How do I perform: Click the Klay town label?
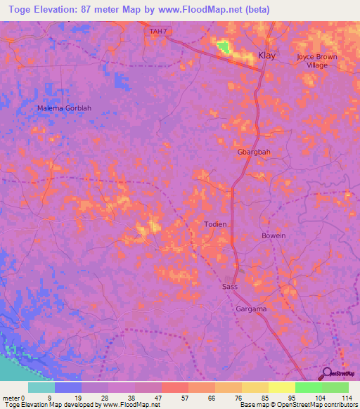tap(267, 55)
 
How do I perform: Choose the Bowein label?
tap(274, 235)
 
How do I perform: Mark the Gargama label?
tap(251, 309)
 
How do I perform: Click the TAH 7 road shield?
tap(159, 31)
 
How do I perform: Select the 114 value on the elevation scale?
tap(347, 398)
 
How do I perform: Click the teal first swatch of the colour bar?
tap(41, 387)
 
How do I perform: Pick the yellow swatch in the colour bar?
tap(281, 387)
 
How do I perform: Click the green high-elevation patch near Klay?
tap(223, 47)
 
